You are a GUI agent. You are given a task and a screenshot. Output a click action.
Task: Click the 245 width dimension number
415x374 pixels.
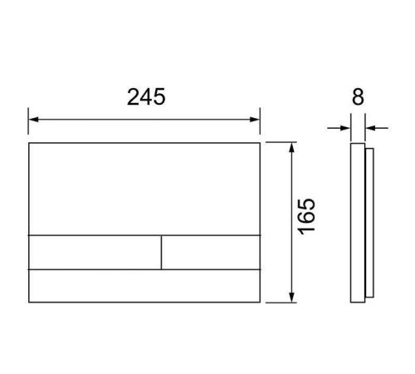(146, 96)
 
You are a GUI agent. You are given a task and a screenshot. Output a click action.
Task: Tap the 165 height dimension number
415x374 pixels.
(307, 216)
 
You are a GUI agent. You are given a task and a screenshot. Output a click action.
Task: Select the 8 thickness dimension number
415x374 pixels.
(358, 97)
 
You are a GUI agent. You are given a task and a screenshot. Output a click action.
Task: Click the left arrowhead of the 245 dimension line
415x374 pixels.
(33, 120)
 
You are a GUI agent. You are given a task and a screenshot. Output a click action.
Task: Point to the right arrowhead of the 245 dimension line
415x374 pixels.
(255, 120)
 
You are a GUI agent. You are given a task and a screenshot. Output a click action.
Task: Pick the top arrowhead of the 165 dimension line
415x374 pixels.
(291, 148)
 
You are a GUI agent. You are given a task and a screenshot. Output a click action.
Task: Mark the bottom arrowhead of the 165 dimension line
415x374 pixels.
(291, 298)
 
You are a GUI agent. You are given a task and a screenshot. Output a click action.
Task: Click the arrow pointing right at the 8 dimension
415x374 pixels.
(339, 128)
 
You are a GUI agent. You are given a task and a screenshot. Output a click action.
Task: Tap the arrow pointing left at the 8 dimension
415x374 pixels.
(377, 128)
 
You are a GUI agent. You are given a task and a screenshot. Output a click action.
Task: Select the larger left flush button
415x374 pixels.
(95, 252)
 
